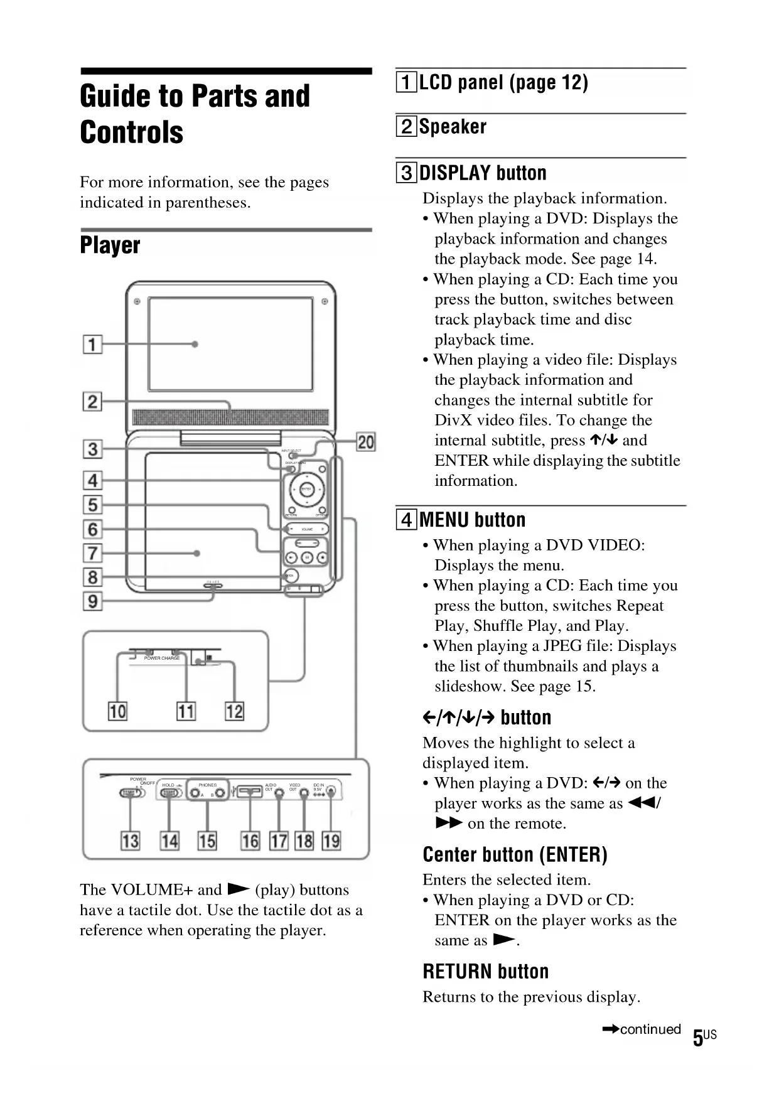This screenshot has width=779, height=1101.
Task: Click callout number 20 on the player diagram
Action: coord(365,442)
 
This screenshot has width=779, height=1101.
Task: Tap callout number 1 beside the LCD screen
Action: coord(92,344)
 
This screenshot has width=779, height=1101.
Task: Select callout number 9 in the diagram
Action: coord(92,601)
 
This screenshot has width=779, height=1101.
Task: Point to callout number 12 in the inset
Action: coord(234,711)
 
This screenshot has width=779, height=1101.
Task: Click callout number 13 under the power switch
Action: coord(130,841)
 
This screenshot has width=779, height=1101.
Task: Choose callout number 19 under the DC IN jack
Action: coord(331,841)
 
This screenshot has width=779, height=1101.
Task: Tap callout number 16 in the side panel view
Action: coord(250,841)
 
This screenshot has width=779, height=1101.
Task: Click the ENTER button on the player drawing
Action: coord(306,489)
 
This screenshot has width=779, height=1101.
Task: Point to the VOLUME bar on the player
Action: coord(307,529)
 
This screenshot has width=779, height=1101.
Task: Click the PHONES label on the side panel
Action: coord(207,785)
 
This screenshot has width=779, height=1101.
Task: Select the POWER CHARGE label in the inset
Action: coord(162,658)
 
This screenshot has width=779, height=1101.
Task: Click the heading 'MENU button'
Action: coord(472,520)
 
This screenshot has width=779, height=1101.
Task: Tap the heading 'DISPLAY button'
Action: coord(482,173)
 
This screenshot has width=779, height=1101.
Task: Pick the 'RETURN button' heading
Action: coord(485,971)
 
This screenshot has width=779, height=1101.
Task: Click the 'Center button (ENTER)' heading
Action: coord(515,854)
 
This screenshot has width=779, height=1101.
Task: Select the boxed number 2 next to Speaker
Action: coord(406,127)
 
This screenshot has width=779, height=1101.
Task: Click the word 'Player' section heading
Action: coord(110,245)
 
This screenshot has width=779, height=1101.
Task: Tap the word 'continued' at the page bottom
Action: coord(650,1029)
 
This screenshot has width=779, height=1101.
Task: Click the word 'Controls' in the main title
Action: coord(132,132)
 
